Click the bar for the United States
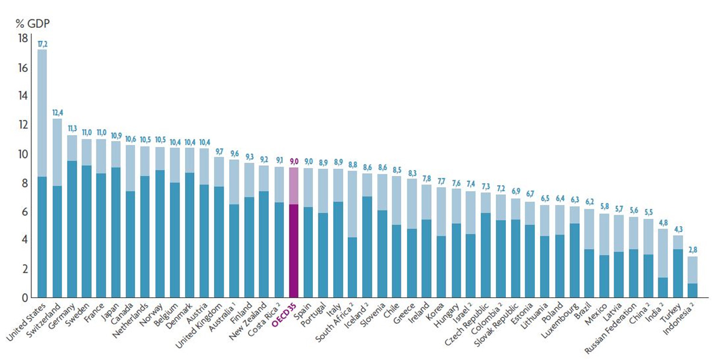(x=42, y=175)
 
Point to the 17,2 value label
(x=42, y=44)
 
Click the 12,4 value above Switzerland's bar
(x=57, y=113)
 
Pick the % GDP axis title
(x=33, y=24)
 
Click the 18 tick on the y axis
(x=23, y=39)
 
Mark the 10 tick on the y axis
(x=23, y=154)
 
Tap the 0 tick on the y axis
(x=25, y=297)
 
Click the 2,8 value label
(x=692, y=251)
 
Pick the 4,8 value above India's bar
(x=663, y=223)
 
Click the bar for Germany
(x=72, y=217)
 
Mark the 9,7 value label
(x=220, y=151)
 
